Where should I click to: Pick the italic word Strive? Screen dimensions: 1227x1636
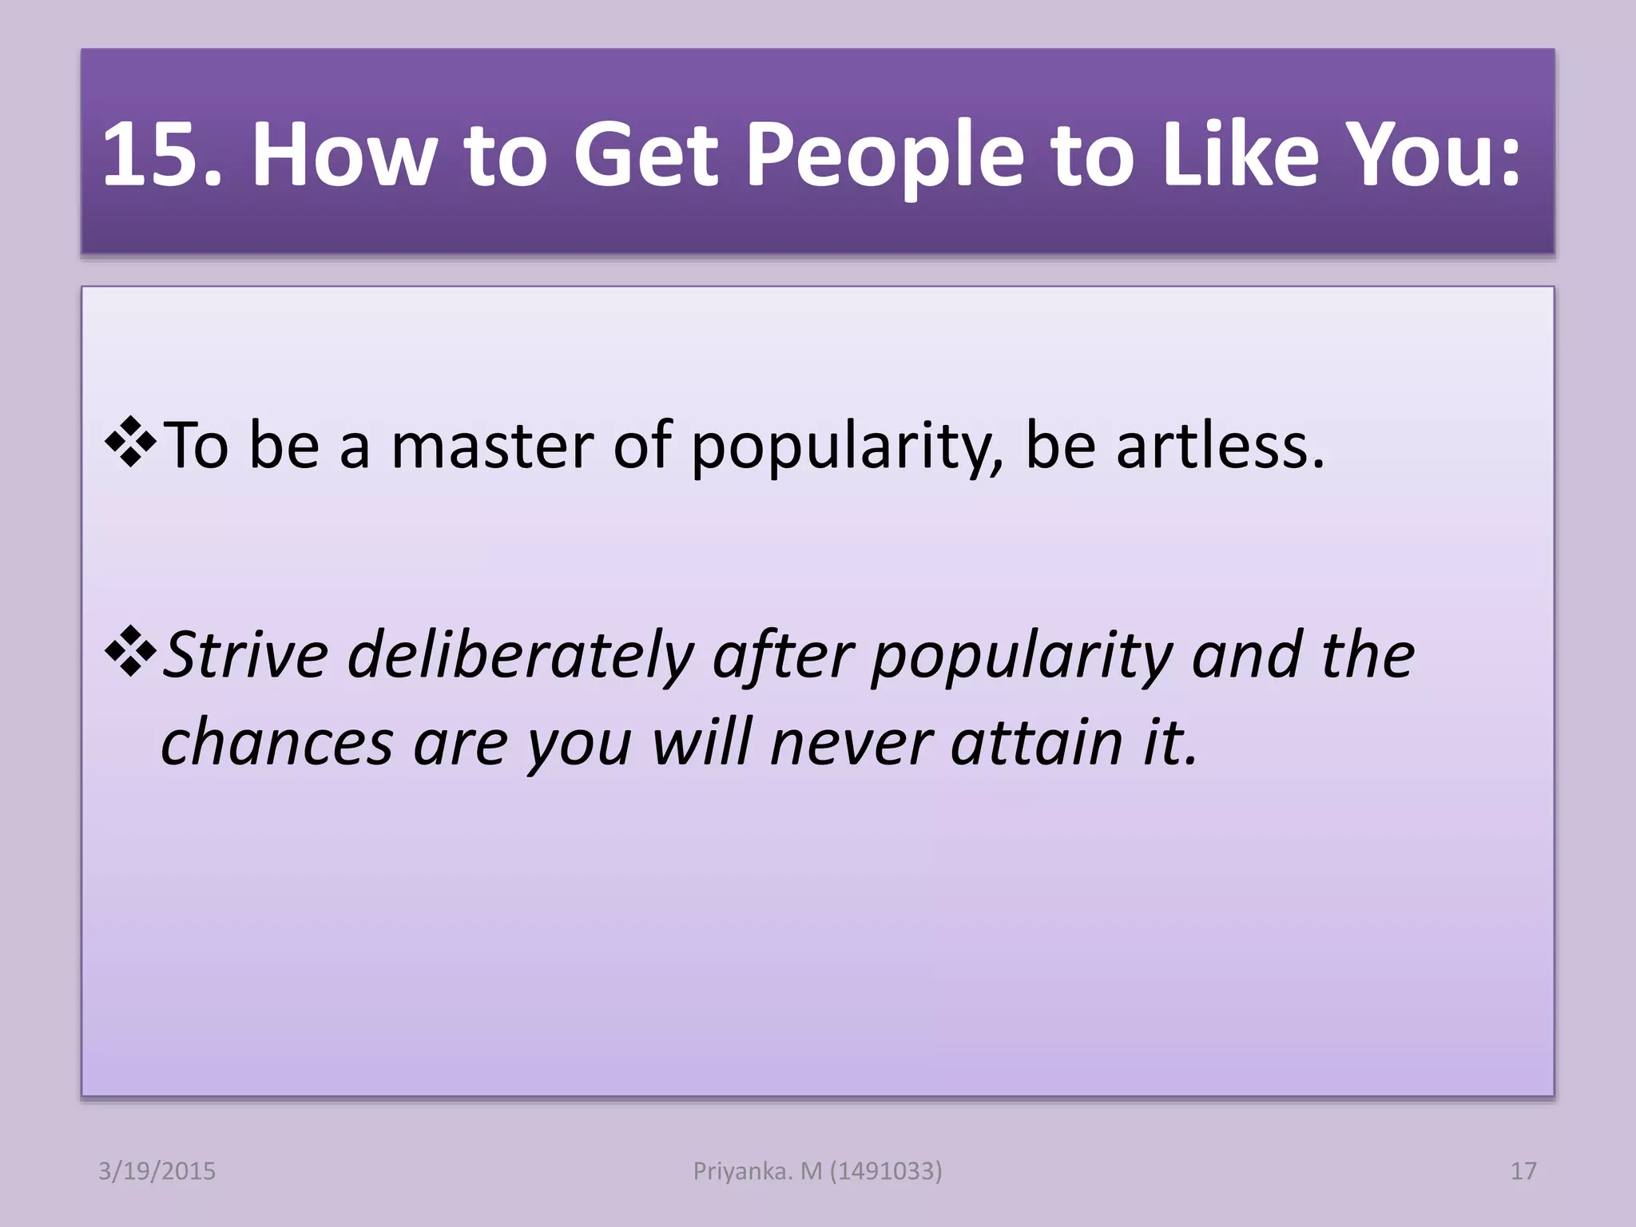click(245, 655)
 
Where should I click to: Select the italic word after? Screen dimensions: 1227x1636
click(784, 655)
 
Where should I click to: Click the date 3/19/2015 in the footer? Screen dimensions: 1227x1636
click(157, 1171)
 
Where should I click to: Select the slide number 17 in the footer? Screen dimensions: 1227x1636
click(1523, 1171)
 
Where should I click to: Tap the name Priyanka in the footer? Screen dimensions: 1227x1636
click(742, 1171)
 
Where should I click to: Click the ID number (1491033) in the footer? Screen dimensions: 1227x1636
click(886, 1171)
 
